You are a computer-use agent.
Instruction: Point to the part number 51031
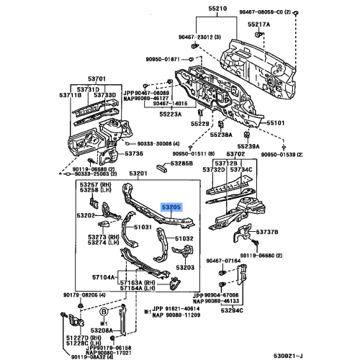coord(143,227)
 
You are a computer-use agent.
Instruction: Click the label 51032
coord(184,238)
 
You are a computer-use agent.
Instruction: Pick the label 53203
coord(186,267)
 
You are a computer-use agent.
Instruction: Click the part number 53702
coord(235,155)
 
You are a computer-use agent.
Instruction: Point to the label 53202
coord(89,215)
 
